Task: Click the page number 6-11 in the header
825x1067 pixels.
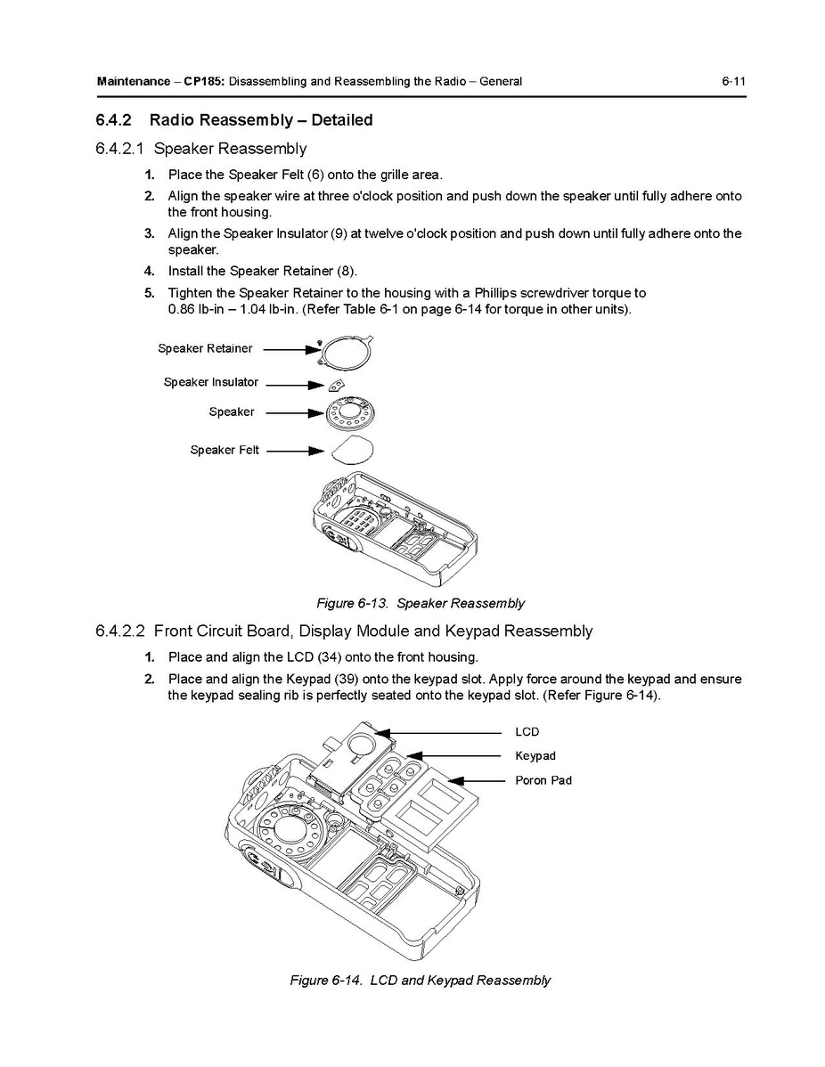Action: [x=733, y=82]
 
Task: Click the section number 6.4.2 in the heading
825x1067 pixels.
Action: [x=114, y=119]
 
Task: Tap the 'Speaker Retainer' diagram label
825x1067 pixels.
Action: [x=205, y=348]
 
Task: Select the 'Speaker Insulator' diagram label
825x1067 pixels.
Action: [x=210, y=382]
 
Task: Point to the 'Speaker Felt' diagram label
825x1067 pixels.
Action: [x=225, y=450]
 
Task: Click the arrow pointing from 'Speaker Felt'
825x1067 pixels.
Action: [x=294, y=451]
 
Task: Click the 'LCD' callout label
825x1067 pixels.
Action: [x=527, y=732]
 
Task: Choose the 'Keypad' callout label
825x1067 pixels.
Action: [x=535, y=756]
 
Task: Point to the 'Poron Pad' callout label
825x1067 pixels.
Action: [x=543, y=780]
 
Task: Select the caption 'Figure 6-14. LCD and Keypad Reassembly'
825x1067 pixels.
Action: [x=420, y=980]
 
